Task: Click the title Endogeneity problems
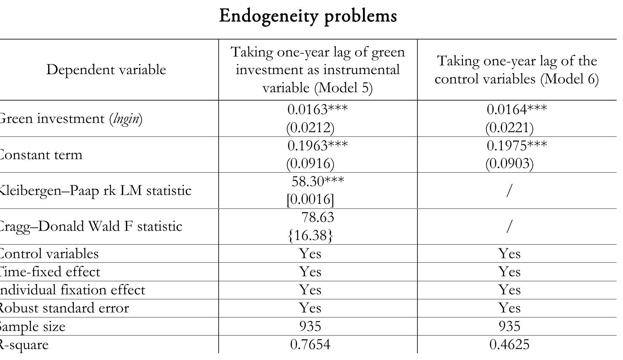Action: [x=308, y=16]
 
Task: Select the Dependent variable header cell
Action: [x=106, y=69]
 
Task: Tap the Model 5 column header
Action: [x=318, y=69]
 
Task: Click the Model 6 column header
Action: [x=516, y=69]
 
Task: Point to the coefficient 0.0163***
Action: [x=318, y=109]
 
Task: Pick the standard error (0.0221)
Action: [x=509, y=127]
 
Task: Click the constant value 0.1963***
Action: [x=318, y=145]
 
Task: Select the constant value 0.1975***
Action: [x=516, y=145]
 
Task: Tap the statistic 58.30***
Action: [x=318, y=181]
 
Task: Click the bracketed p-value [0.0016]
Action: [x=310, y=199]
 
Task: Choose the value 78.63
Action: [x=318, y=217]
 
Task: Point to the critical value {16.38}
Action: [x=310, y=235]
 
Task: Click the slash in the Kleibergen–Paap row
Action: [x=509, y=191]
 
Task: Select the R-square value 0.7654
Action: [x=310, y=345]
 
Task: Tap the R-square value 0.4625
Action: [x=509, y=345]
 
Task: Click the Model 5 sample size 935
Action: [x=310, y=326]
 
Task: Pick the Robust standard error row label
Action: [x=63, y=308]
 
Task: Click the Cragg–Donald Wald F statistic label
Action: [x=90, y=227]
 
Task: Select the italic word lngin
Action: [x=126, y=119]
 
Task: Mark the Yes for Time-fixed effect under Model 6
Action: [x=509, y=272]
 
